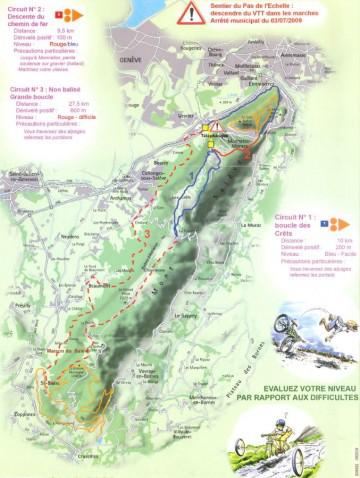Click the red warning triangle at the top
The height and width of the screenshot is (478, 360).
189,12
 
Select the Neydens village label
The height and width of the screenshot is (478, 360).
70,236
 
